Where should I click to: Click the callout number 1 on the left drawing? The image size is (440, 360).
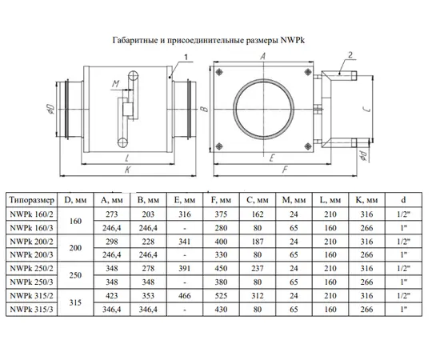tap(186, 58)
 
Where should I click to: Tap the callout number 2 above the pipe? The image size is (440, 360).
tap(350, 55)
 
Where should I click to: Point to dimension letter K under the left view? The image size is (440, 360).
tap(128, 170)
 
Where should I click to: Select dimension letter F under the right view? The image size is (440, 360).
tap(285, 170)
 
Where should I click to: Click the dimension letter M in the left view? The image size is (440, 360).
tap(116, 84)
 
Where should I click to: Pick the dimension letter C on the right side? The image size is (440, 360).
tap(369, 108)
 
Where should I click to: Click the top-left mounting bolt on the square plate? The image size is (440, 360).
tap(219, 72)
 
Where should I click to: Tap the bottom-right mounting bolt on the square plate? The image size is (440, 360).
tap(308, 146)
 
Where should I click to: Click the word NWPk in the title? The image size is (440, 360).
tap(292, 41)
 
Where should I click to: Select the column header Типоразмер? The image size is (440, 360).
tap(31, 200)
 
